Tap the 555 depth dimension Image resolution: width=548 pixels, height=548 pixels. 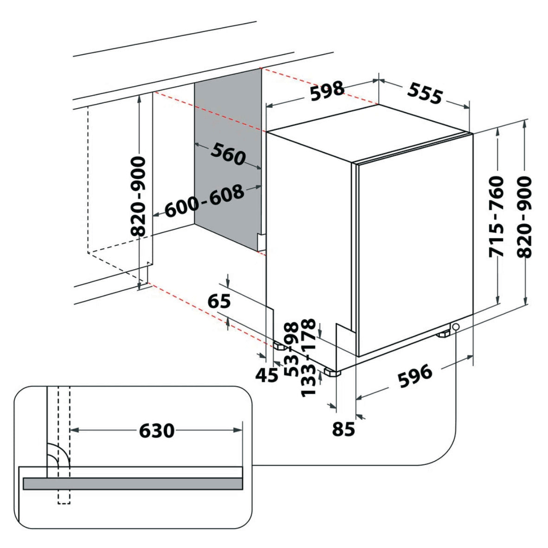[425, 94]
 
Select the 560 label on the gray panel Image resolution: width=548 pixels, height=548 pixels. [228, 154]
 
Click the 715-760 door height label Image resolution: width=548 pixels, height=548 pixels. [496, 216]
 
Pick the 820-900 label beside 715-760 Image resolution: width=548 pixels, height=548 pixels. [524, 216]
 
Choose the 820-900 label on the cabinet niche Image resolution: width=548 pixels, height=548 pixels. [138, 196]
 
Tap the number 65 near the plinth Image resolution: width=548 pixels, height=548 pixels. [219, 302]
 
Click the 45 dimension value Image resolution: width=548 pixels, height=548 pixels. [267, 374]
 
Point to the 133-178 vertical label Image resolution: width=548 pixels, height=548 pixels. [309, 357]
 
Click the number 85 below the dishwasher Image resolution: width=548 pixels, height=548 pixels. [343, 430]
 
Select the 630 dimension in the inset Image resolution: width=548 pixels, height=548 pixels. [157, 431]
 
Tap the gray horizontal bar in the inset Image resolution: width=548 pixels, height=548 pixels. [133, 483]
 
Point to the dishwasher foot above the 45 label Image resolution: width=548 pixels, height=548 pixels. [280, 346]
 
